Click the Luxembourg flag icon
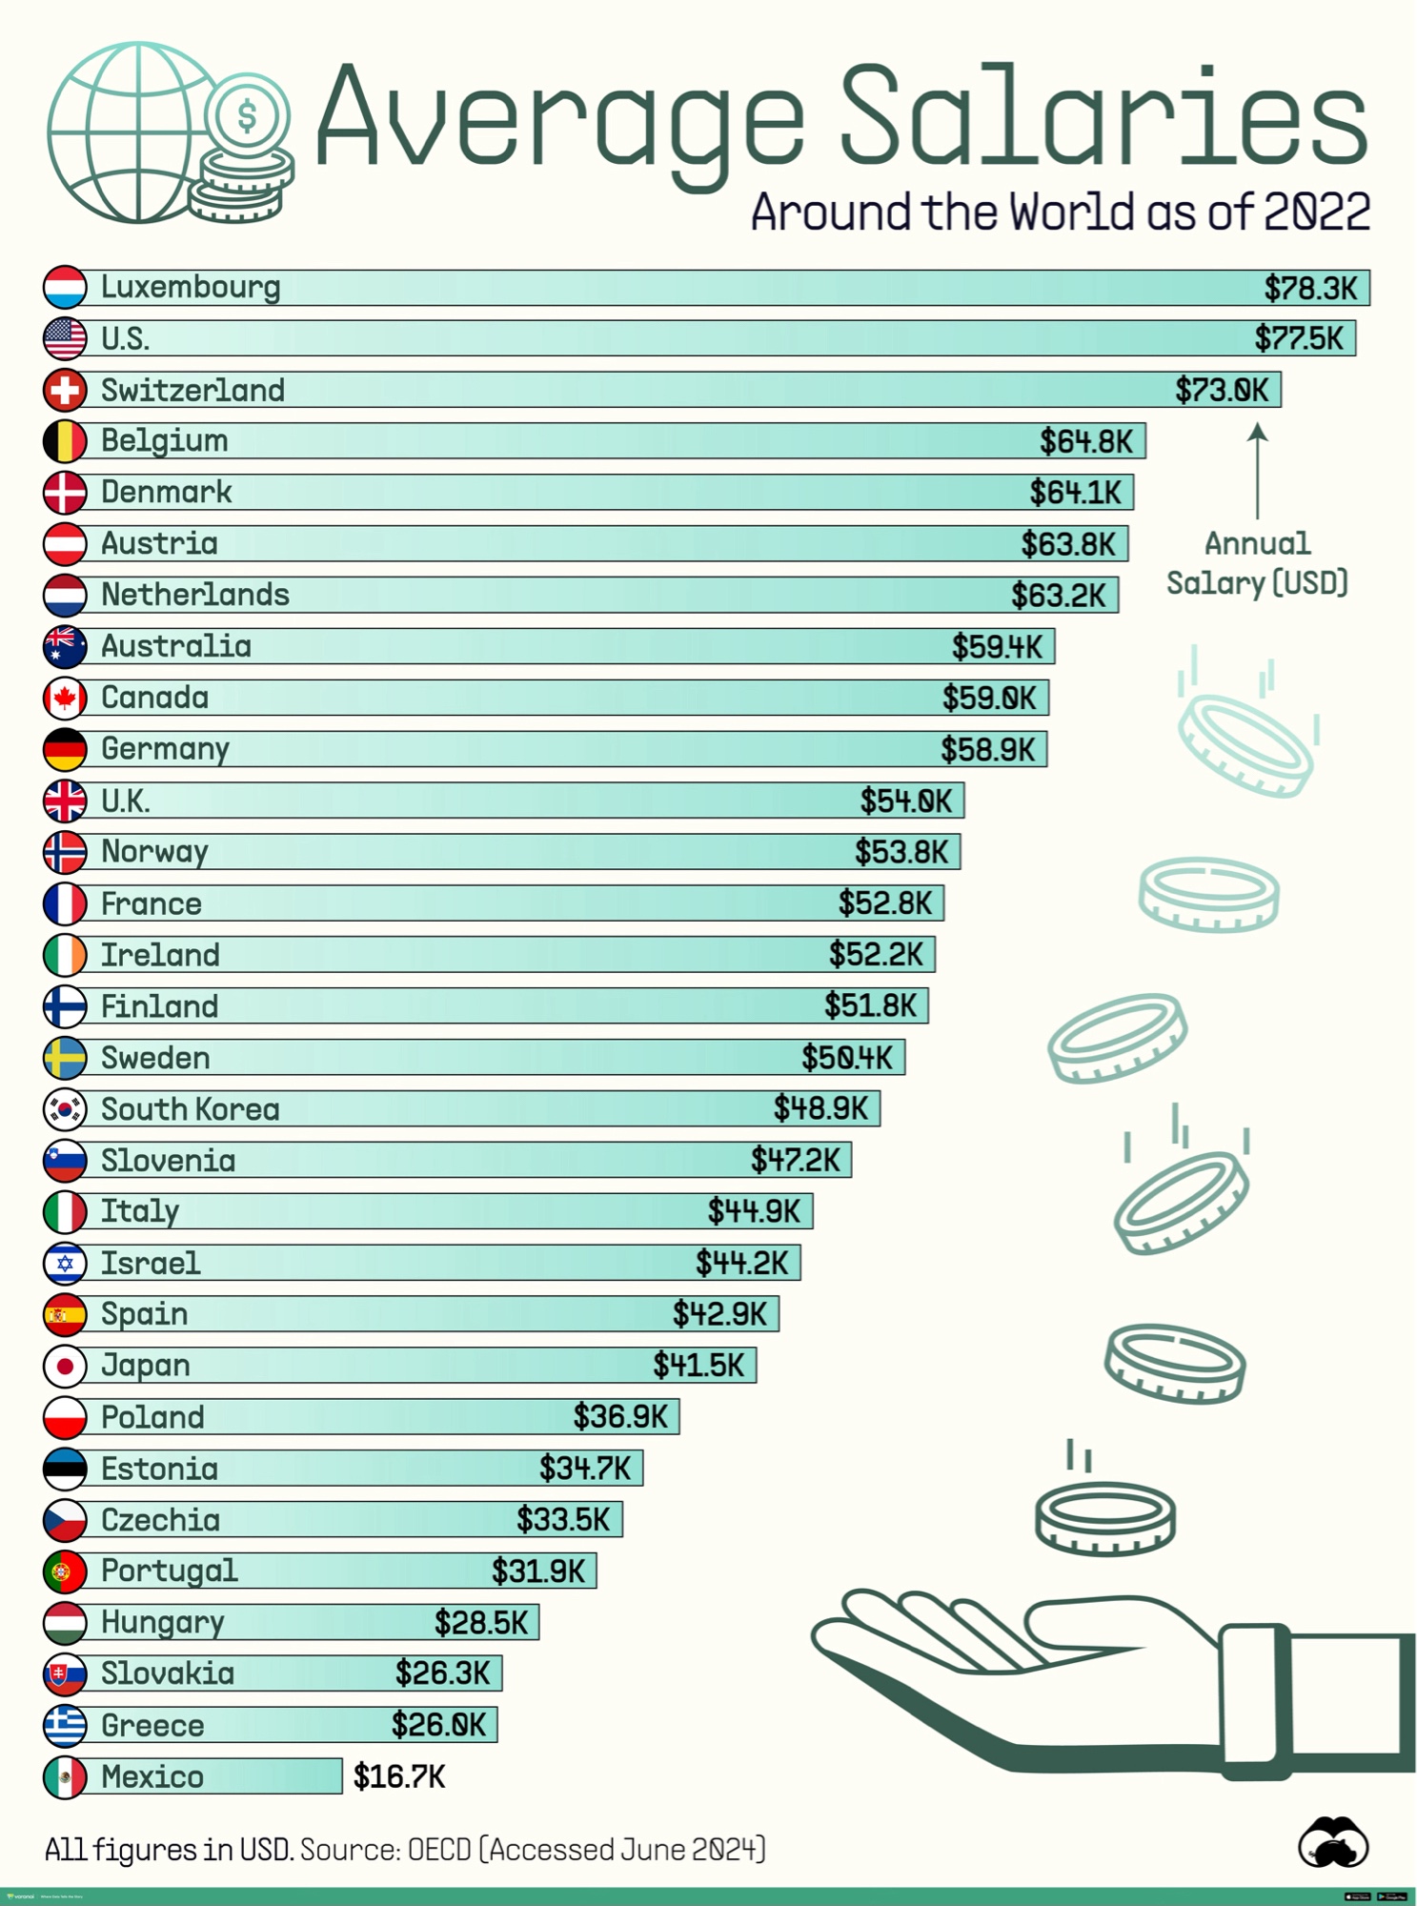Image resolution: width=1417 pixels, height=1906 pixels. click(x=65, y=287)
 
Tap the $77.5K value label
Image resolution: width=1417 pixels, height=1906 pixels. click(x=1298, y=338)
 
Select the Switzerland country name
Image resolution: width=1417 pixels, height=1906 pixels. click(x=192, y=390)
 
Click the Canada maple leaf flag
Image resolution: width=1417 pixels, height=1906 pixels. click(x=65, y=698)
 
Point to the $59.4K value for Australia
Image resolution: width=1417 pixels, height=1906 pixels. click(x=997, y=647)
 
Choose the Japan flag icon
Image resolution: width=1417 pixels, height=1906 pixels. click(x=65, y=1366)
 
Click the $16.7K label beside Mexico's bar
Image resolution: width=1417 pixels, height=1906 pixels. click(x=399, y=1776)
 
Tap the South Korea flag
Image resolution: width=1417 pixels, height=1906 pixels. click(x=65, y=1108)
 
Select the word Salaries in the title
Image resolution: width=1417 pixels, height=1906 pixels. click(x=1103, y=116)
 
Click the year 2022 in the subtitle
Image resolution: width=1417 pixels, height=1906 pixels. click(x=1317, y=212)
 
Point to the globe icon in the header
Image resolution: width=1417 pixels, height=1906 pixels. click(x=129, y=133)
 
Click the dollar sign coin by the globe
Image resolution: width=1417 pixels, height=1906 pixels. click(x=248, y=116)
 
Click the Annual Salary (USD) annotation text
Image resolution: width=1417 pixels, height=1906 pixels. click(x=1257, y=563)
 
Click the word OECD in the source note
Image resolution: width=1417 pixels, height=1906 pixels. click(x=438, y=1850)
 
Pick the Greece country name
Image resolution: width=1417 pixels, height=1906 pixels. click(x=152, y=1725)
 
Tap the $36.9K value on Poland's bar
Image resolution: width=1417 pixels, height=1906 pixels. click(x=620, y=1417)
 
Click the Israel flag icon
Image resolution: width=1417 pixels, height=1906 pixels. click(x=65, y=1263)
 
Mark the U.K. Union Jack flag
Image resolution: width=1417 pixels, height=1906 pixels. click(x=65, y=801)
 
